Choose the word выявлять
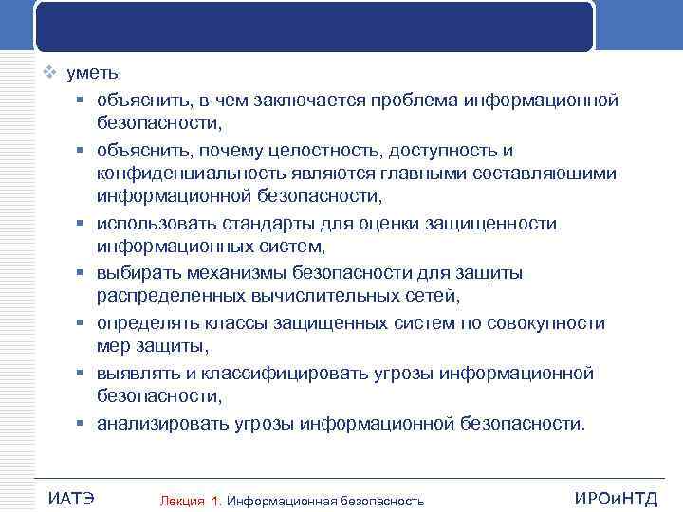point(138,373)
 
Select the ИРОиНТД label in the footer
point(615,498)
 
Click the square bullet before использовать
point(83,225)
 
